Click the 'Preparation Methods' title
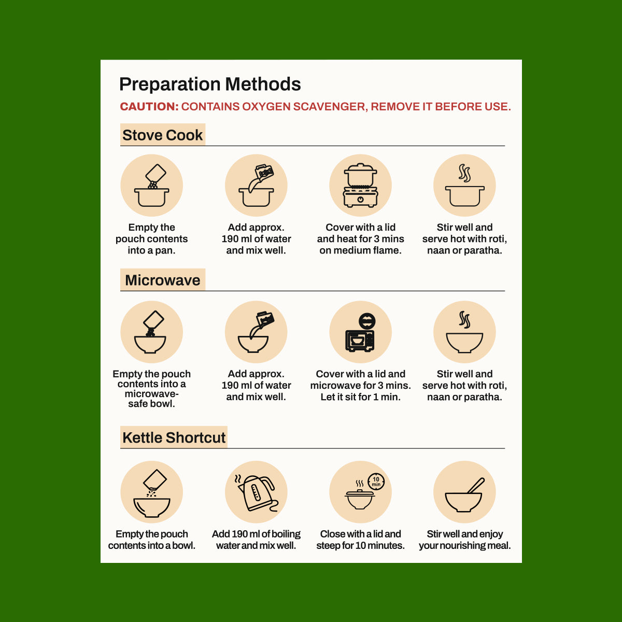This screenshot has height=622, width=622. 210,84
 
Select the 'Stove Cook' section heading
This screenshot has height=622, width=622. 162,135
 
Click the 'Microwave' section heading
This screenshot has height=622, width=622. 162,280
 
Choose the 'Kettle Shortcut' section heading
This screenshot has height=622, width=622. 174,437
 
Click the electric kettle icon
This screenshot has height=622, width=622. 257,493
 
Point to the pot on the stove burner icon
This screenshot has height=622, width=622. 361,185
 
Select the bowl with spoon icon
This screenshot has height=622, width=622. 464,495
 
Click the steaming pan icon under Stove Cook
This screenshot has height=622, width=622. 464,185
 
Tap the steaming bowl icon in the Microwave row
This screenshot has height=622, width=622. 464,332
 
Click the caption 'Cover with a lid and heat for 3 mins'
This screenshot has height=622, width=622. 361,233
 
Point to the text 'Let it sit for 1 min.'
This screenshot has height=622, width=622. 361,397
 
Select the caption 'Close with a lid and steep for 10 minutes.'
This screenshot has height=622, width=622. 361,540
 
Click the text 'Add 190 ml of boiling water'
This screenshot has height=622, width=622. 256,540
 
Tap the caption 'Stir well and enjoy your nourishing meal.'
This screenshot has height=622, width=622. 465,540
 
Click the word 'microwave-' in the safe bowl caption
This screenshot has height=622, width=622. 152,394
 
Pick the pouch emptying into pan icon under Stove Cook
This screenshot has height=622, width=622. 152,185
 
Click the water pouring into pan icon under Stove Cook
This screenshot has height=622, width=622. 256,185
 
